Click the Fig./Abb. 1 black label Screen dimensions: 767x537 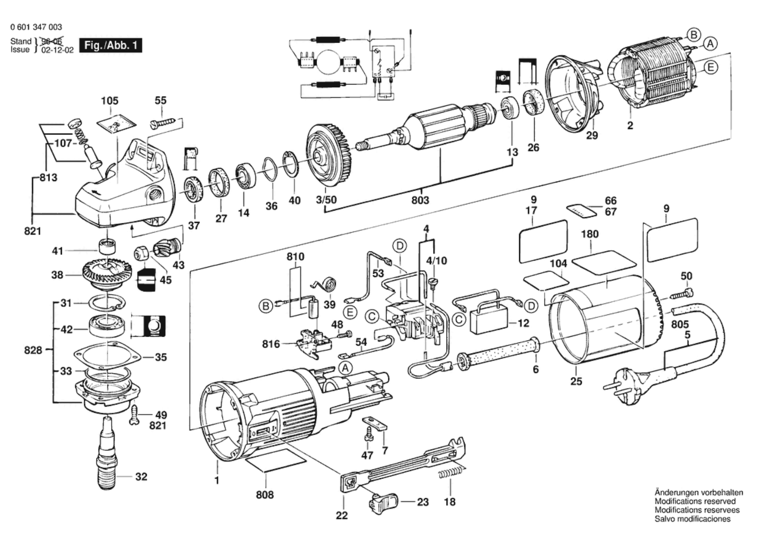(x=111, y=45)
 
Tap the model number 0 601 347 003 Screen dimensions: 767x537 (x=36, y=27)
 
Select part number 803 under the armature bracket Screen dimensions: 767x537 (x=420, y=200)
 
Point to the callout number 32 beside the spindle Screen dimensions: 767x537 (x=141, y=477)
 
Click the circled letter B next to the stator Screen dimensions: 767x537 (x=694, y=35)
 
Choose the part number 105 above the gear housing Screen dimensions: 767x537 (x=110, y=101)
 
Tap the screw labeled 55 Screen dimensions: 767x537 (x=163, y=122)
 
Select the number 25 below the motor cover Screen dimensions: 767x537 (x=576, y=381)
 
